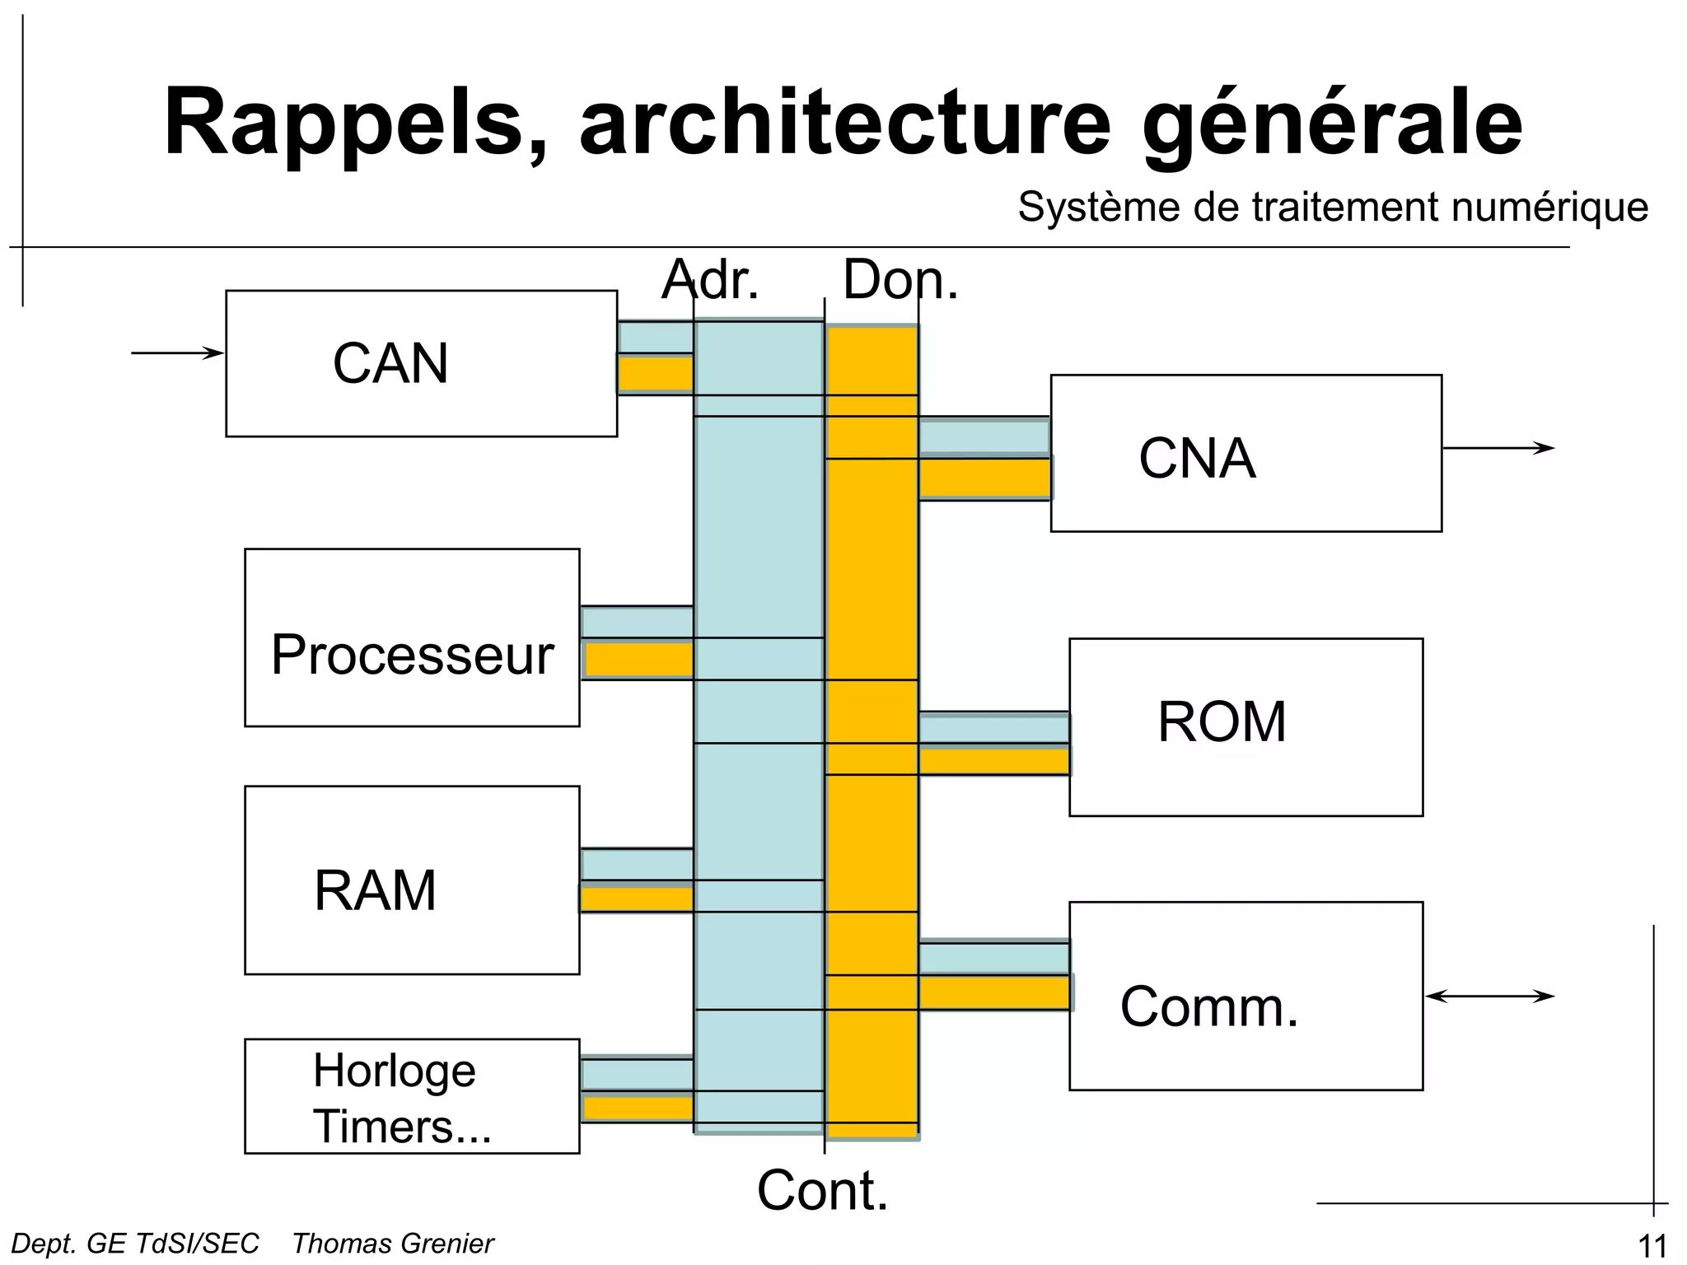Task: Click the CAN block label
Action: pos(390,363)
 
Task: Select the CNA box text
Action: pos(1197,459)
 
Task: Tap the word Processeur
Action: pos(412,656)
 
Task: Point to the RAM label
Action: pos(375,890)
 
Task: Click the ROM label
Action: pos(1222,722)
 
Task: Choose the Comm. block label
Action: pos(1208,1006)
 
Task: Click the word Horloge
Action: pos(394,1071)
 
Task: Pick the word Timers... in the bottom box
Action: pos(402,1127)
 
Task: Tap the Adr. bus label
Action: pos(709,280)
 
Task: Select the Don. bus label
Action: pos(900,280)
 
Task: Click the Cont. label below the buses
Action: pos(822,1191)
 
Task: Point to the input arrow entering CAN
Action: pos(177,353)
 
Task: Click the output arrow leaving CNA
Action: pos(1498,449)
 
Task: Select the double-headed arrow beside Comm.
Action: pos(1490,997)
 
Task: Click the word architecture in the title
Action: pos(845,124)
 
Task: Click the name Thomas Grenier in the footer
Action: pos(393,1244)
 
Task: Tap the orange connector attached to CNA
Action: pos(984,478)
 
